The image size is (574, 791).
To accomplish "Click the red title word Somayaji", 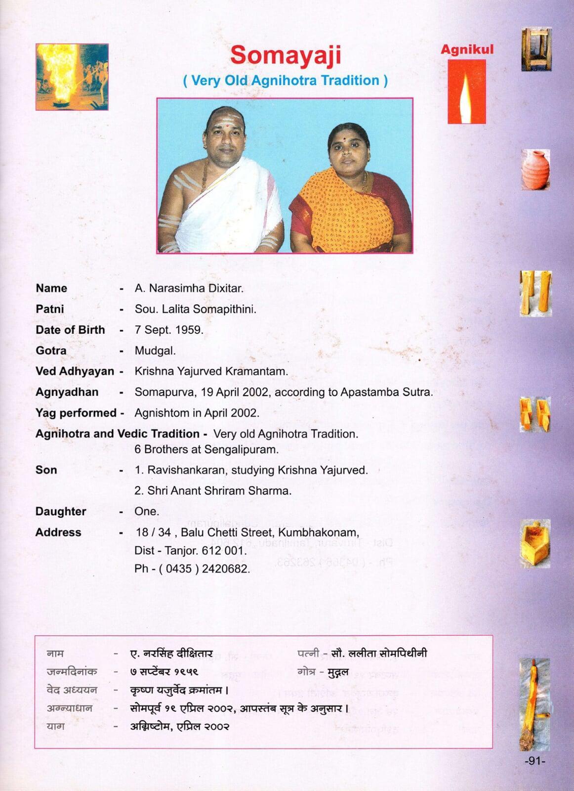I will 286,54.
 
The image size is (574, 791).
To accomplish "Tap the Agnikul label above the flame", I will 467,49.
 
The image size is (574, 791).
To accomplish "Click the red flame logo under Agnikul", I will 466,92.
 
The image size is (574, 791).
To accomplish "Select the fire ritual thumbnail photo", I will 72,77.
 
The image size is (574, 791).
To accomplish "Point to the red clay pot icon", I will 535,170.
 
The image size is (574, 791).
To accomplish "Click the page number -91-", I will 534,761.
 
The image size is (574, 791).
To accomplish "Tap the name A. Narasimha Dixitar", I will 189,288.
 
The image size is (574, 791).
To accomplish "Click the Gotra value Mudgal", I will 155,351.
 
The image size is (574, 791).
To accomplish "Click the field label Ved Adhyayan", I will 75,371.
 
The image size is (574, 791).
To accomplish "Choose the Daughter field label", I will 61,512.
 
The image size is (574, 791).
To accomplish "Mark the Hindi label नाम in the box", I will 55,653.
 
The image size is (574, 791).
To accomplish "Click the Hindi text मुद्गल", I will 338,672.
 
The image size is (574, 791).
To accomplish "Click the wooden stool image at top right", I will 536,49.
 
